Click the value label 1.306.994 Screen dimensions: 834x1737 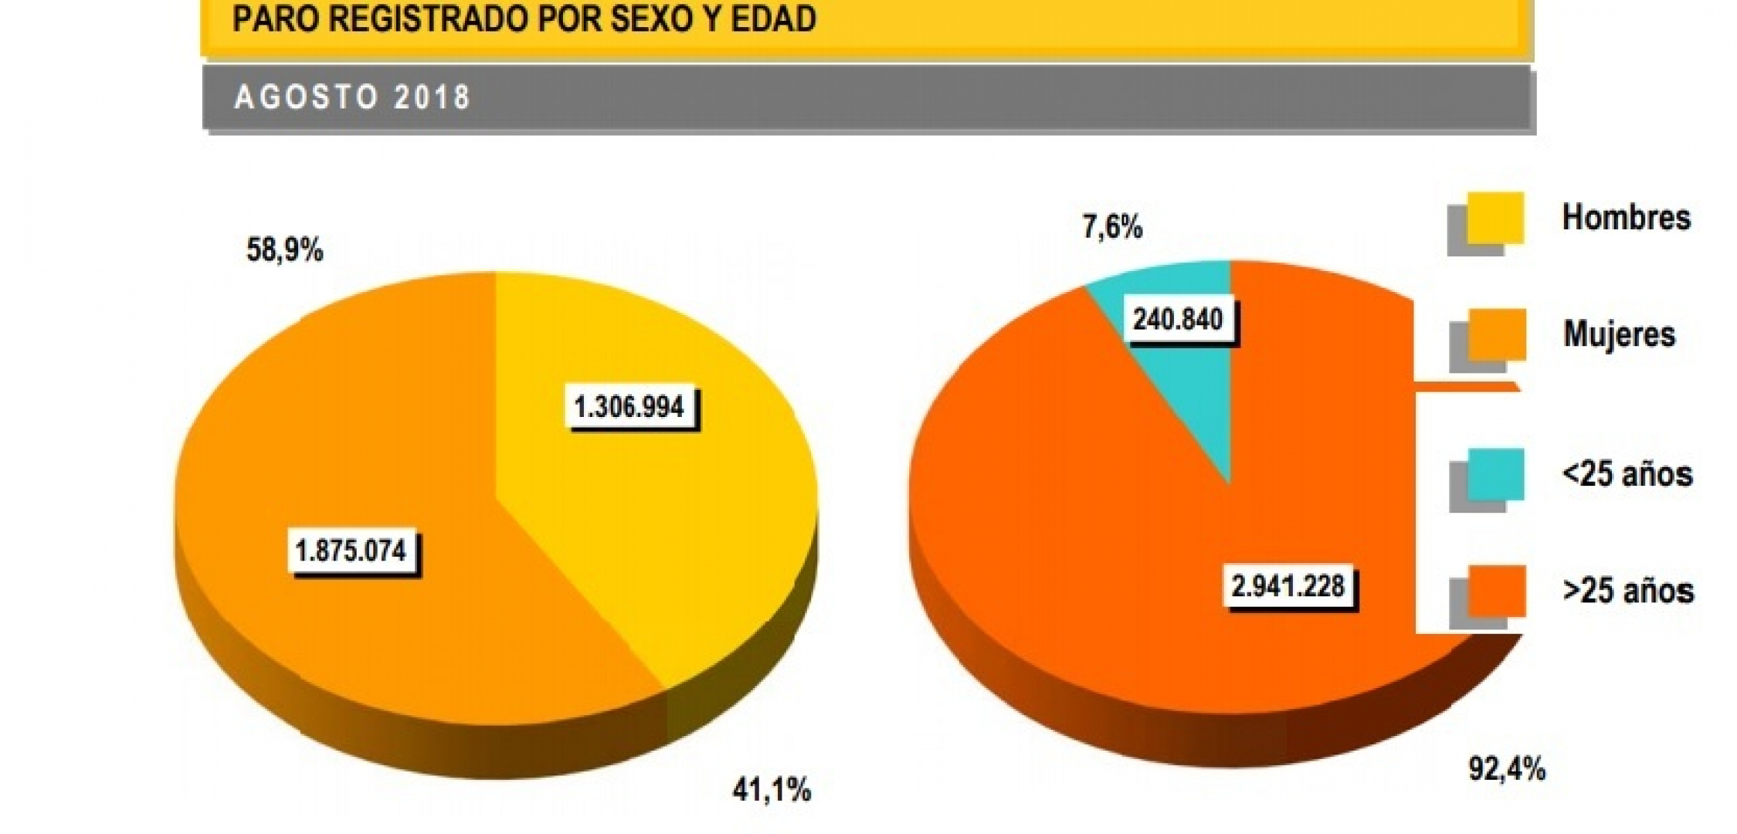click(x=629, y=406)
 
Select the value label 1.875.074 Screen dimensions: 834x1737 click(x=351, y=551)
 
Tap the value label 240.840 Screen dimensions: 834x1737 click(x=1178, y=319)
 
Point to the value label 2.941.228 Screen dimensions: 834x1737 click(x=1287, y=586)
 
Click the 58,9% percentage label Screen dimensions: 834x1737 click(x=284, y=250)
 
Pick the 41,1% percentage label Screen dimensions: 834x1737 click(x=771, y=790)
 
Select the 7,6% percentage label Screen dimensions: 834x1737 click(x=1111, y=228)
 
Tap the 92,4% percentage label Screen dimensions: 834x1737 click(x=1506, y=769)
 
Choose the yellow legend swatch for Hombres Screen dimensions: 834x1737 click(x=1494, y=219)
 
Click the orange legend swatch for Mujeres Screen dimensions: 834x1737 click(x=1496, y=335)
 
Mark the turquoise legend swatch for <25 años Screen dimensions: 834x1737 click(x=1496, y=475)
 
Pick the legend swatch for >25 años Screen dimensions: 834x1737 click(x=1496, y=592)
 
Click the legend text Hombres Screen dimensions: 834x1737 click(x=1626, y=218)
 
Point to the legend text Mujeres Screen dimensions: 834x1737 click(x=1619, y=334)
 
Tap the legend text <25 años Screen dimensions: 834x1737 click(x=1627, y=474)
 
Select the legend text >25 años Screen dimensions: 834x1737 click(x=1627, y=591)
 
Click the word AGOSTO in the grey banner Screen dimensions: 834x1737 click(x=306, y=98)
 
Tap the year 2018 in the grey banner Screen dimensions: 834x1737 click(x=431, y=98)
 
